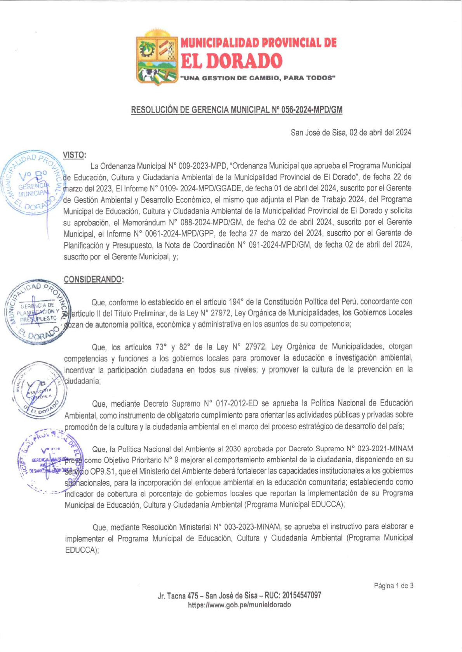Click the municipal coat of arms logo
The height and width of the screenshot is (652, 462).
tap(157, 58)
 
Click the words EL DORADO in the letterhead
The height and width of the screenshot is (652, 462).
tap(232, 61)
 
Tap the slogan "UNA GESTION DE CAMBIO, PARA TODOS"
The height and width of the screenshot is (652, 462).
tap(257, 78)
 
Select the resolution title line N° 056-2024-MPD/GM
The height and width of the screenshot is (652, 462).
tap(236, 110)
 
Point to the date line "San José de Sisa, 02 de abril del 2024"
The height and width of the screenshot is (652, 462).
tap(351, 133)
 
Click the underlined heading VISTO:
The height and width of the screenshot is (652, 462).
tap(75, 155)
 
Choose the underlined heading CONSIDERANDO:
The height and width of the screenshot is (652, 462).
tap(94, 279)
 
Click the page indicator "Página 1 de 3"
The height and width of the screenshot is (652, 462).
tap(393, 586)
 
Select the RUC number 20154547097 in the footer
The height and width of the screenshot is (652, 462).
tap(302, 595)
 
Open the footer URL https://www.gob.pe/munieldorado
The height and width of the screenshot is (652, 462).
tap(239, 605)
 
